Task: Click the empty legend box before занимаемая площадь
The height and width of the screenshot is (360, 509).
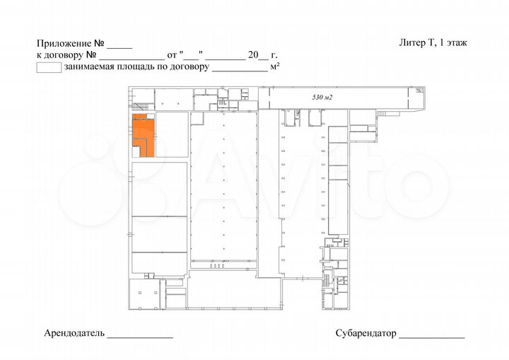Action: [x=48, y=68]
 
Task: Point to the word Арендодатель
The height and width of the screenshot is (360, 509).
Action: [x=74, y=332]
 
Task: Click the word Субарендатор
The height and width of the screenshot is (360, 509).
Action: [x=366, y=333]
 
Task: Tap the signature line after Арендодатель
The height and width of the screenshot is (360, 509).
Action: [x=140, y=335]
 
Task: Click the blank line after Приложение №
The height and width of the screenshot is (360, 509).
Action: [x=120, y=45]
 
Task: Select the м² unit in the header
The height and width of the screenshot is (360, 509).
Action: [x=276, y=67]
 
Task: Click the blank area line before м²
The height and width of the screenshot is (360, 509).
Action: [x=240, y=70]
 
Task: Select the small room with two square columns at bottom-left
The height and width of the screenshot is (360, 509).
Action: [x=145, y=292]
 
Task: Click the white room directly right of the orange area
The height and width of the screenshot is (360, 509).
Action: [x=172, y=134]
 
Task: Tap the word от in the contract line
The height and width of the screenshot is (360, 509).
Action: [x=172, y=54]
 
